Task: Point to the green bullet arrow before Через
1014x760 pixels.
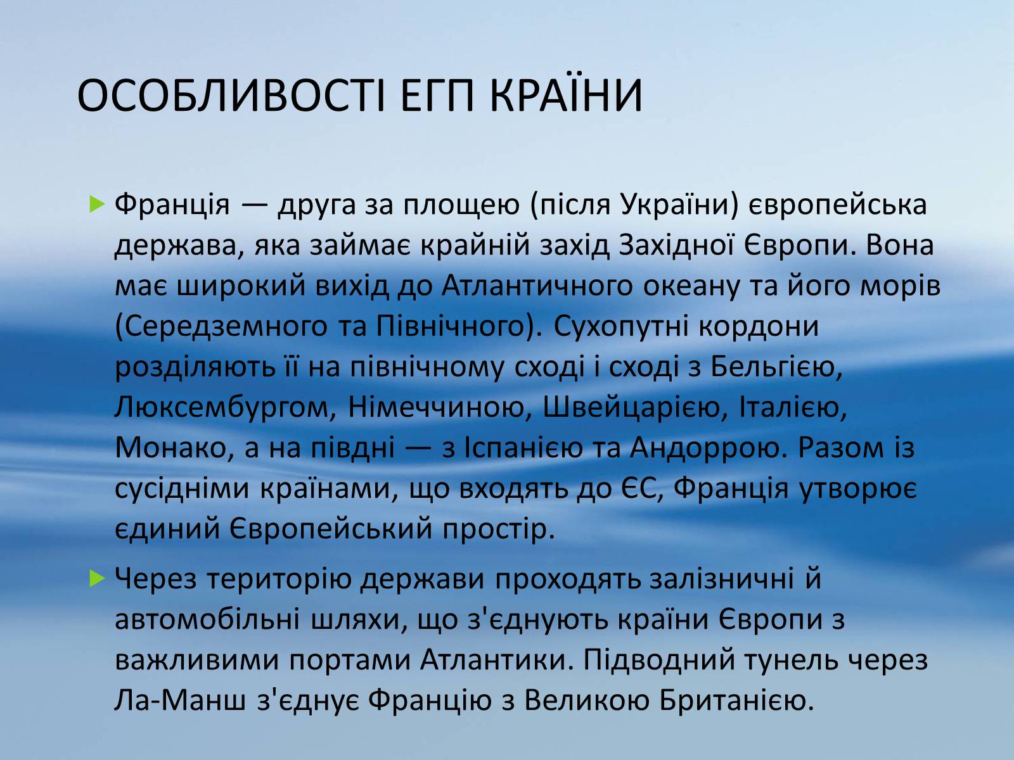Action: tap(96, 579)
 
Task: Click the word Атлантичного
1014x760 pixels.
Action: tap(537, 286)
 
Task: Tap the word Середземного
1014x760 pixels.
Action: tap(226, 327)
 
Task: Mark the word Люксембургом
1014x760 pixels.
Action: tap(225, 408)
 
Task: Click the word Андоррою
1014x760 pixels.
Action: tap(705, 448)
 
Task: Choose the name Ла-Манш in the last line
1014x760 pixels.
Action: tap(180, 700)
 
